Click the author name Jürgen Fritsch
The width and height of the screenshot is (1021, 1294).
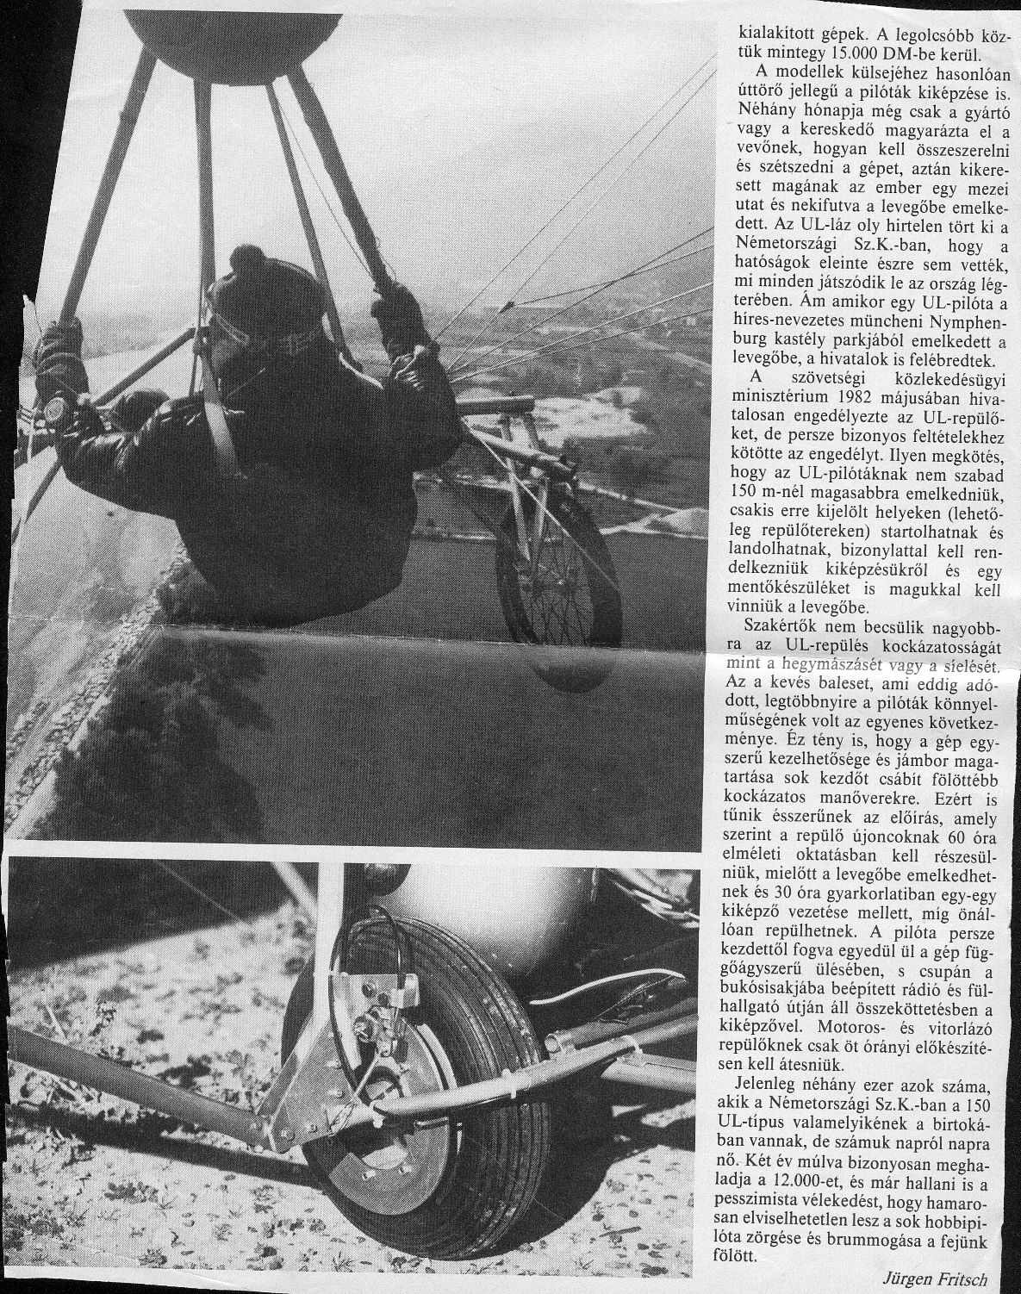(x=939, y=1277)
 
